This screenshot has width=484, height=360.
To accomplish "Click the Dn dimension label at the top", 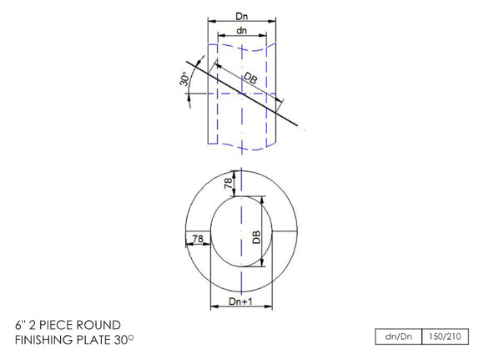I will [241, 15].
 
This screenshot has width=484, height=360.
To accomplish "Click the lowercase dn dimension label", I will [241, 30].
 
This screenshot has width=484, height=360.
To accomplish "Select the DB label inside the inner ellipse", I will [256, 236].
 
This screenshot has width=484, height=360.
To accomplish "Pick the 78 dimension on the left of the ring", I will [197, 239].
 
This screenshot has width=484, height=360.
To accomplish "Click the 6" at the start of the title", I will [20, 324].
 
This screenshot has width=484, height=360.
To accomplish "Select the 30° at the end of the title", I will [128, 340].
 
